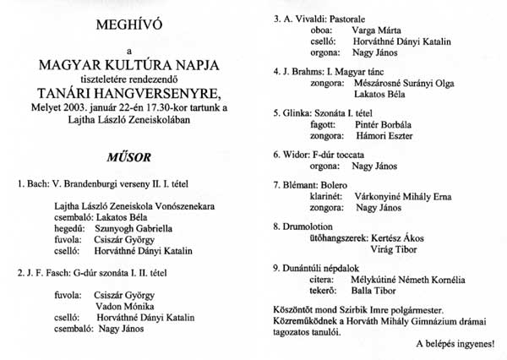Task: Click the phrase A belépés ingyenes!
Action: (x=455, y=345)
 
